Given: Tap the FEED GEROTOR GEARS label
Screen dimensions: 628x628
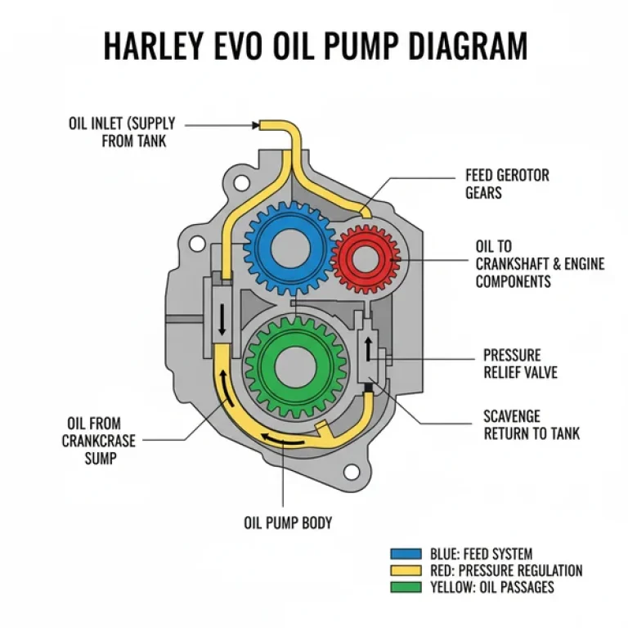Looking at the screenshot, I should click(507, 184).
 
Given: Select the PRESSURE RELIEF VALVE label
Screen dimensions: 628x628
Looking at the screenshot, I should click(521, 364).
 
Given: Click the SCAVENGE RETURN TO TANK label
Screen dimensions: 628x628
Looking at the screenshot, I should click(532, 424).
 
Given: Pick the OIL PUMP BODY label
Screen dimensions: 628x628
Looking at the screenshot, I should click(289, 522).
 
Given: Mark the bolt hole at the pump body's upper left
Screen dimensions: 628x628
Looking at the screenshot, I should click(196, 243).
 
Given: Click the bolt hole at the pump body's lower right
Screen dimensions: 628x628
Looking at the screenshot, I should click(352, 472).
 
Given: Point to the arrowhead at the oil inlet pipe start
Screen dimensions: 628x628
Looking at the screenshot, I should click(256, 125).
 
